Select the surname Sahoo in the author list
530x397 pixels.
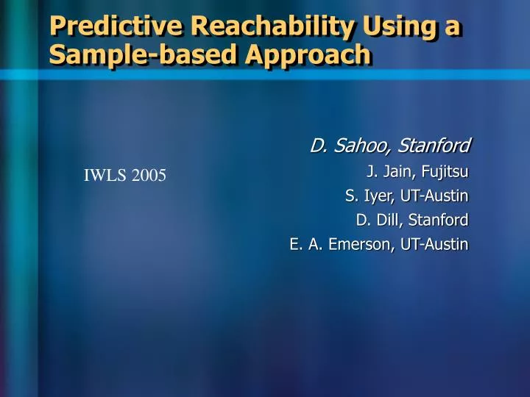357,146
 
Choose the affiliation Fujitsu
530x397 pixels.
445,173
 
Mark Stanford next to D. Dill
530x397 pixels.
439,220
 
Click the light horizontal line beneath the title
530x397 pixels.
265,74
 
